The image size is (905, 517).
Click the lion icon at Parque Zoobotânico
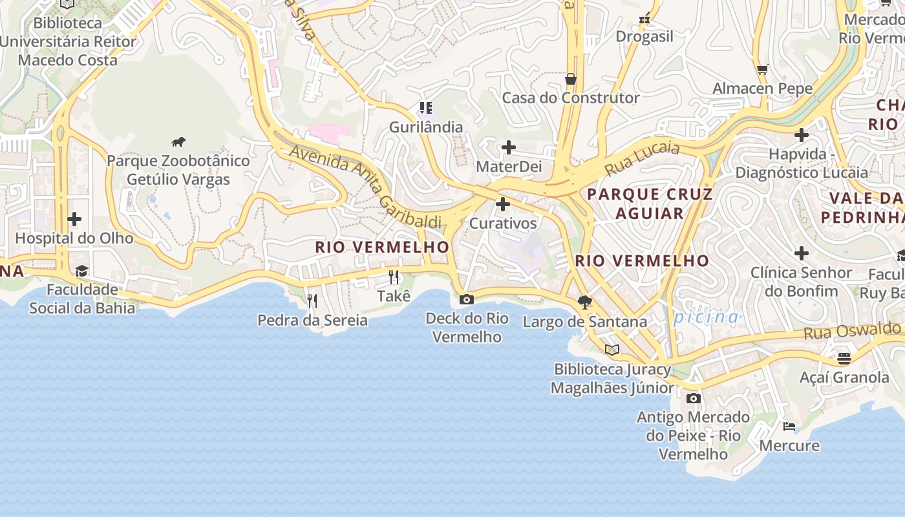[x=178, y=142]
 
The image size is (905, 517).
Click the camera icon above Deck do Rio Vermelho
[x=466, y=299]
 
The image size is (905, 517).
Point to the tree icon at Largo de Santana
[x=585, y=302]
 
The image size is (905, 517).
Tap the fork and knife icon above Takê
[x=394, y=277]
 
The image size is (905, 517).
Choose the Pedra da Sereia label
[x=312, y=320]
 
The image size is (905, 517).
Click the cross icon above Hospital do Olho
[x=74, y=219]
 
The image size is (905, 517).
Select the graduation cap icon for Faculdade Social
[x=81, y=271]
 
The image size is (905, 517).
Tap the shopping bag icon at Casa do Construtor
[x=570, y=79]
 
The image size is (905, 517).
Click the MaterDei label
[x=508, y=167]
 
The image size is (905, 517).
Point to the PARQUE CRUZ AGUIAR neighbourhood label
[x=650, y=204]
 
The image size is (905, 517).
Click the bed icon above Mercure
[x=789, y=427]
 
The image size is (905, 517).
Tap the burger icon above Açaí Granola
[x=844, y=357]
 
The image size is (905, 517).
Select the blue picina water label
[x=706, y=317]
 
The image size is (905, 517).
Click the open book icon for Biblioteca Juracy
[x=612, y=350]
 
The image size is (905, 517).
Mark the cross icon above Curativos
[x=502, y=205]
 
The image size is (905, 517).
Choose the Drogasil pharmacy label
[x=644, y=36]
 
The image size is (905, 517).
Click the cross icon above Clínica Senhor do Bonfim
[x=802, y=253]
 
